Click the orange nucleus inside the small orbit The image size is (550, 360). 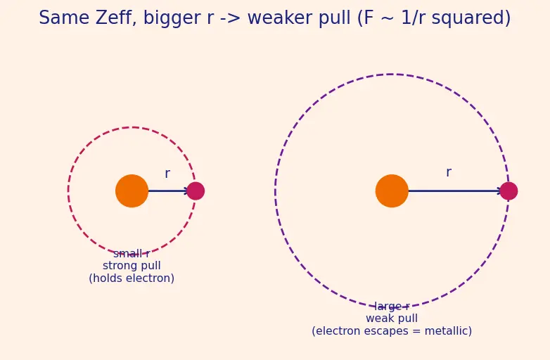click(x=132, y=191)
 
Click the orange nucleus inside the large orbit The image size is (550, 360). click(x=392, y=191)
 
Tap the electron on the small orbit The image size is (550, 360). click(x=196, y=191)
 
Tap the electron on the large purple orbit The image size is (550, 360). click(x=509, y=191)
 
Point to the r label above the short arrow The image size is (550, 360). click(x=167, y=174)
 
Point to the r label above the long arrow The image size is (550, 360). click(x=449, y=172)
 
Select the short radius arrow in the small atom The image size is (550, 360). click(x=168, y=191)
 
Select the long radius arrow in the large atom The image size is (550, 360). click(x=455, y=191)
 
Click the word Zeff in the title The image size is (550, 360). click(x=116, y=18)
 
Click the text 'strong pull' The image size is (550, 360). click(x=132, y=266)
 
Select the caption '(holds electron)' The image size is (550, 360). click(x=132, y=278)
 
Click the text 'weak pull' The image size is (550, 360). click(x=392, y=319)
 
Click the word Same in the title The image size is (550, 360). click(x=64, y=18)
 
